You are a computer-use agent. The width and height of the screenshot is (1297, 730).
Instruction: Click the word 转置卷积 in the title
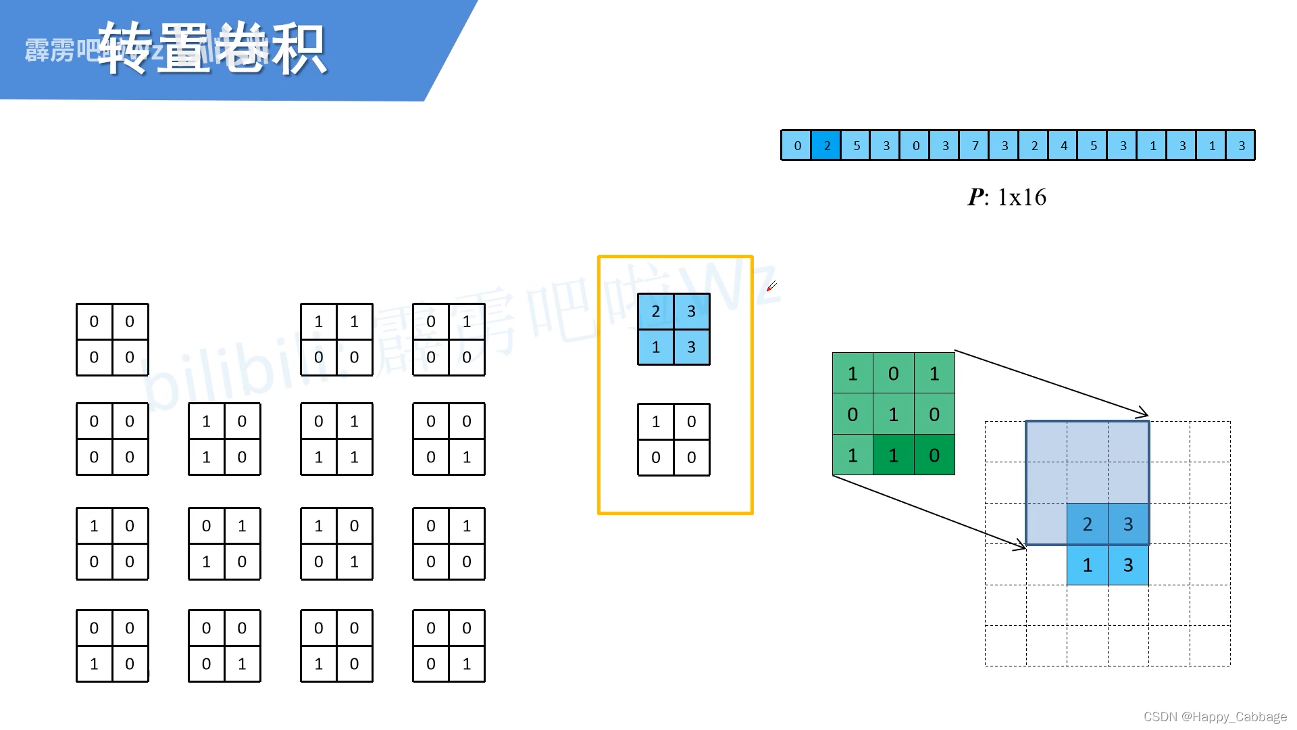coord(212,49)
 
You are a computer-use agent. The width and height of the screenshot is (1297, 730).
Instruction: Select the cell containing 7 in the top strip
coord(975,145)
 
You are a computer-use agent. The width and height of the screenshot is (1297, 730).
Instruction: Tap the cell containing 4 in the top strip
coord(1064,145)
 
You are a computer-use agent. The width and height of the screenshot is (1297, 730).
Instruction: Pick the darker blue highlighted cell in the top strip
coord(827,145)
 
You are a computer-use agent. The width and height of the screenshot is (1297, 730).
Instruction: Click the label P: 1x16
coord(1007,197)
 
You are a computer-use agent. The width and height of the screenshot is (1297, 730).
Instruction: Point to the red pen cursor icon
coord(771,287)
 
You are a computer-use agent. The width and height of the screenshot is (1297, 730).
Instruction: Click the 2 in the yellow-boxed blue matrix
coord(655,312)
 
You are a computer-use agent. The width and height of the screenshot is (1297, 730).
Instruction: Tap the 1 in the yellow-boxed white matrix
coord(655,422)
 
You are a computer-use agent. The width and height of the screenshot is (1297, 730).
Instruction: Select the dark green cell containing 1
coord(893,455)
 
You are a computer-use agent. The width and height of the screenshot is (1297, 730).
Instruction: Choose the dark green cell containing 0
coord(934,455)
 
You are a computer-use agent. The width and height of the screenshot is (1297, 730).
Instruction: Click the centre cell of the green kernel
coord(893,414)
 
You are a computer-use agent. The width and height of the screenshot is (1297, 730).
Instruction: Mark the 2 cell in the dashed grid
coord(1087,524)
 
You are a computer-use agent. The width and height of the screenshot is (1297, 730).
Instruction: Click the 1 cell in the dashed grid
coord(1087,565)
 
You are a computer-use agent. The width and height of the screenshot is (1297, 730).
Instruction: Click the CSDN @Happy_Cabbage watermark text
coord(1215,716)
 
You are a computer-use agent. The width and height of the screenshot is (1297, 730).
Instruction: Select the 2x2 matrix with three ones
coord(336,439)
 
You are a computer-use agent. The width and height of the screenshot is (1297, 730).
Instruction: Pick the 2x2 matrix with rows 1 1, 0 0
coord(336,339)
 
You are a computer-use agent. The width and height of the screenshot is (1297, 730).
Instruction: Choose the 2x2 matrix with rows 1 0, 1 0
coord(224,439)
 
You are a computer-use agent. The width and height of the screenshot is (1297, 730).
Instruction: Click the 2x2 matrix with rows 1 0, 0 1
coord(336,544)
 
